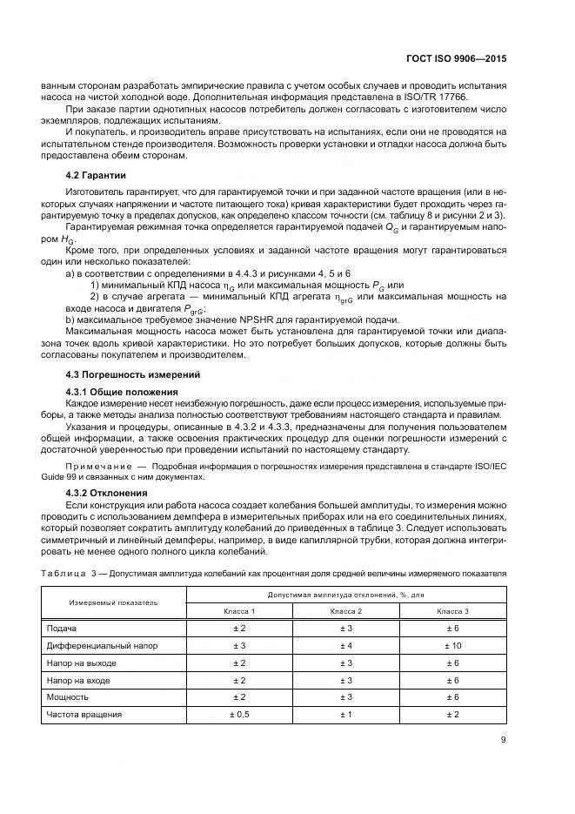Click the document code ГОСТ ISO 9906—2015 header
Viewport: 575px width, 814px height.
tap(458, 58)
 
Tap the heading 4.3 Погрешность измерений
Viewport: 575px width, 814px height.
tap(121, 374)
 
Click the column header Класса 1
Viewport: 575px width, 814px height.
tap(239, 611)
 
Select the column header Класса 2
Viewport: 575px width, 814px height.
tap(345, 611)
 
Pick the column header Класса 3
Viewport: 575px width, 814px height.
tap(452, 611)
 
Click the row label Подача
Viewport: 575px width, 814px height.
tap(62, 629)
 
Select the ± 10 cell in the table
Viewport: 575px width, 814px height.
tap(452, 646)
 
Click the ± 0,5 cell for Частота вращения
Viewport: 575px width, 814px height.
tap(239, 714)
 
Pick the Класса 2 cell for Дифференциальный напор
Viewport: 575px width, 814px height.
tap(345, 646)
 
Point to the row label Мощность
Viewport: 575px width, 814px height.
tap(67, 697)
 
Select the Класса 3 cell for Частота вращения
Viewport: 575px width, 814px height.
tap(452, 714)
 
